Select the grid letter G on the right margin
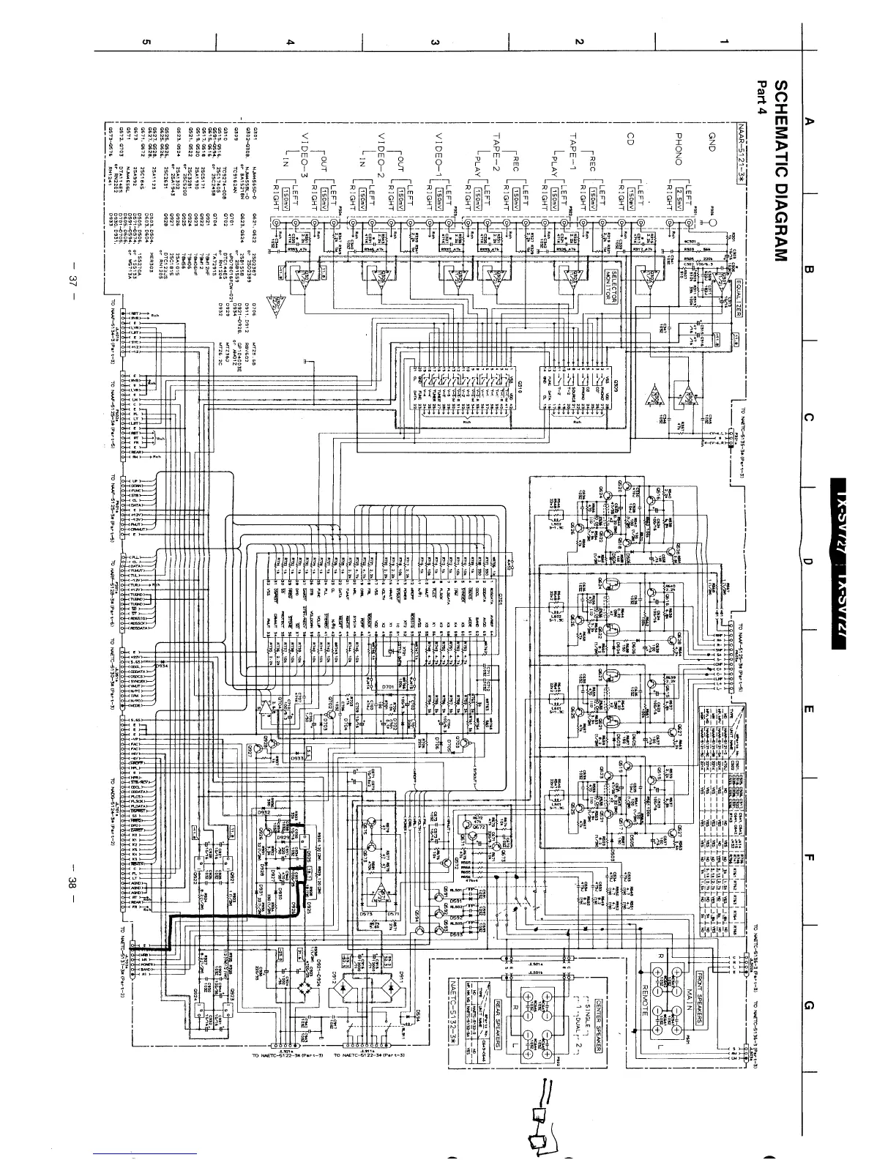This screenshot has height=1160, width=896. click(x=808, y=1005)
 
